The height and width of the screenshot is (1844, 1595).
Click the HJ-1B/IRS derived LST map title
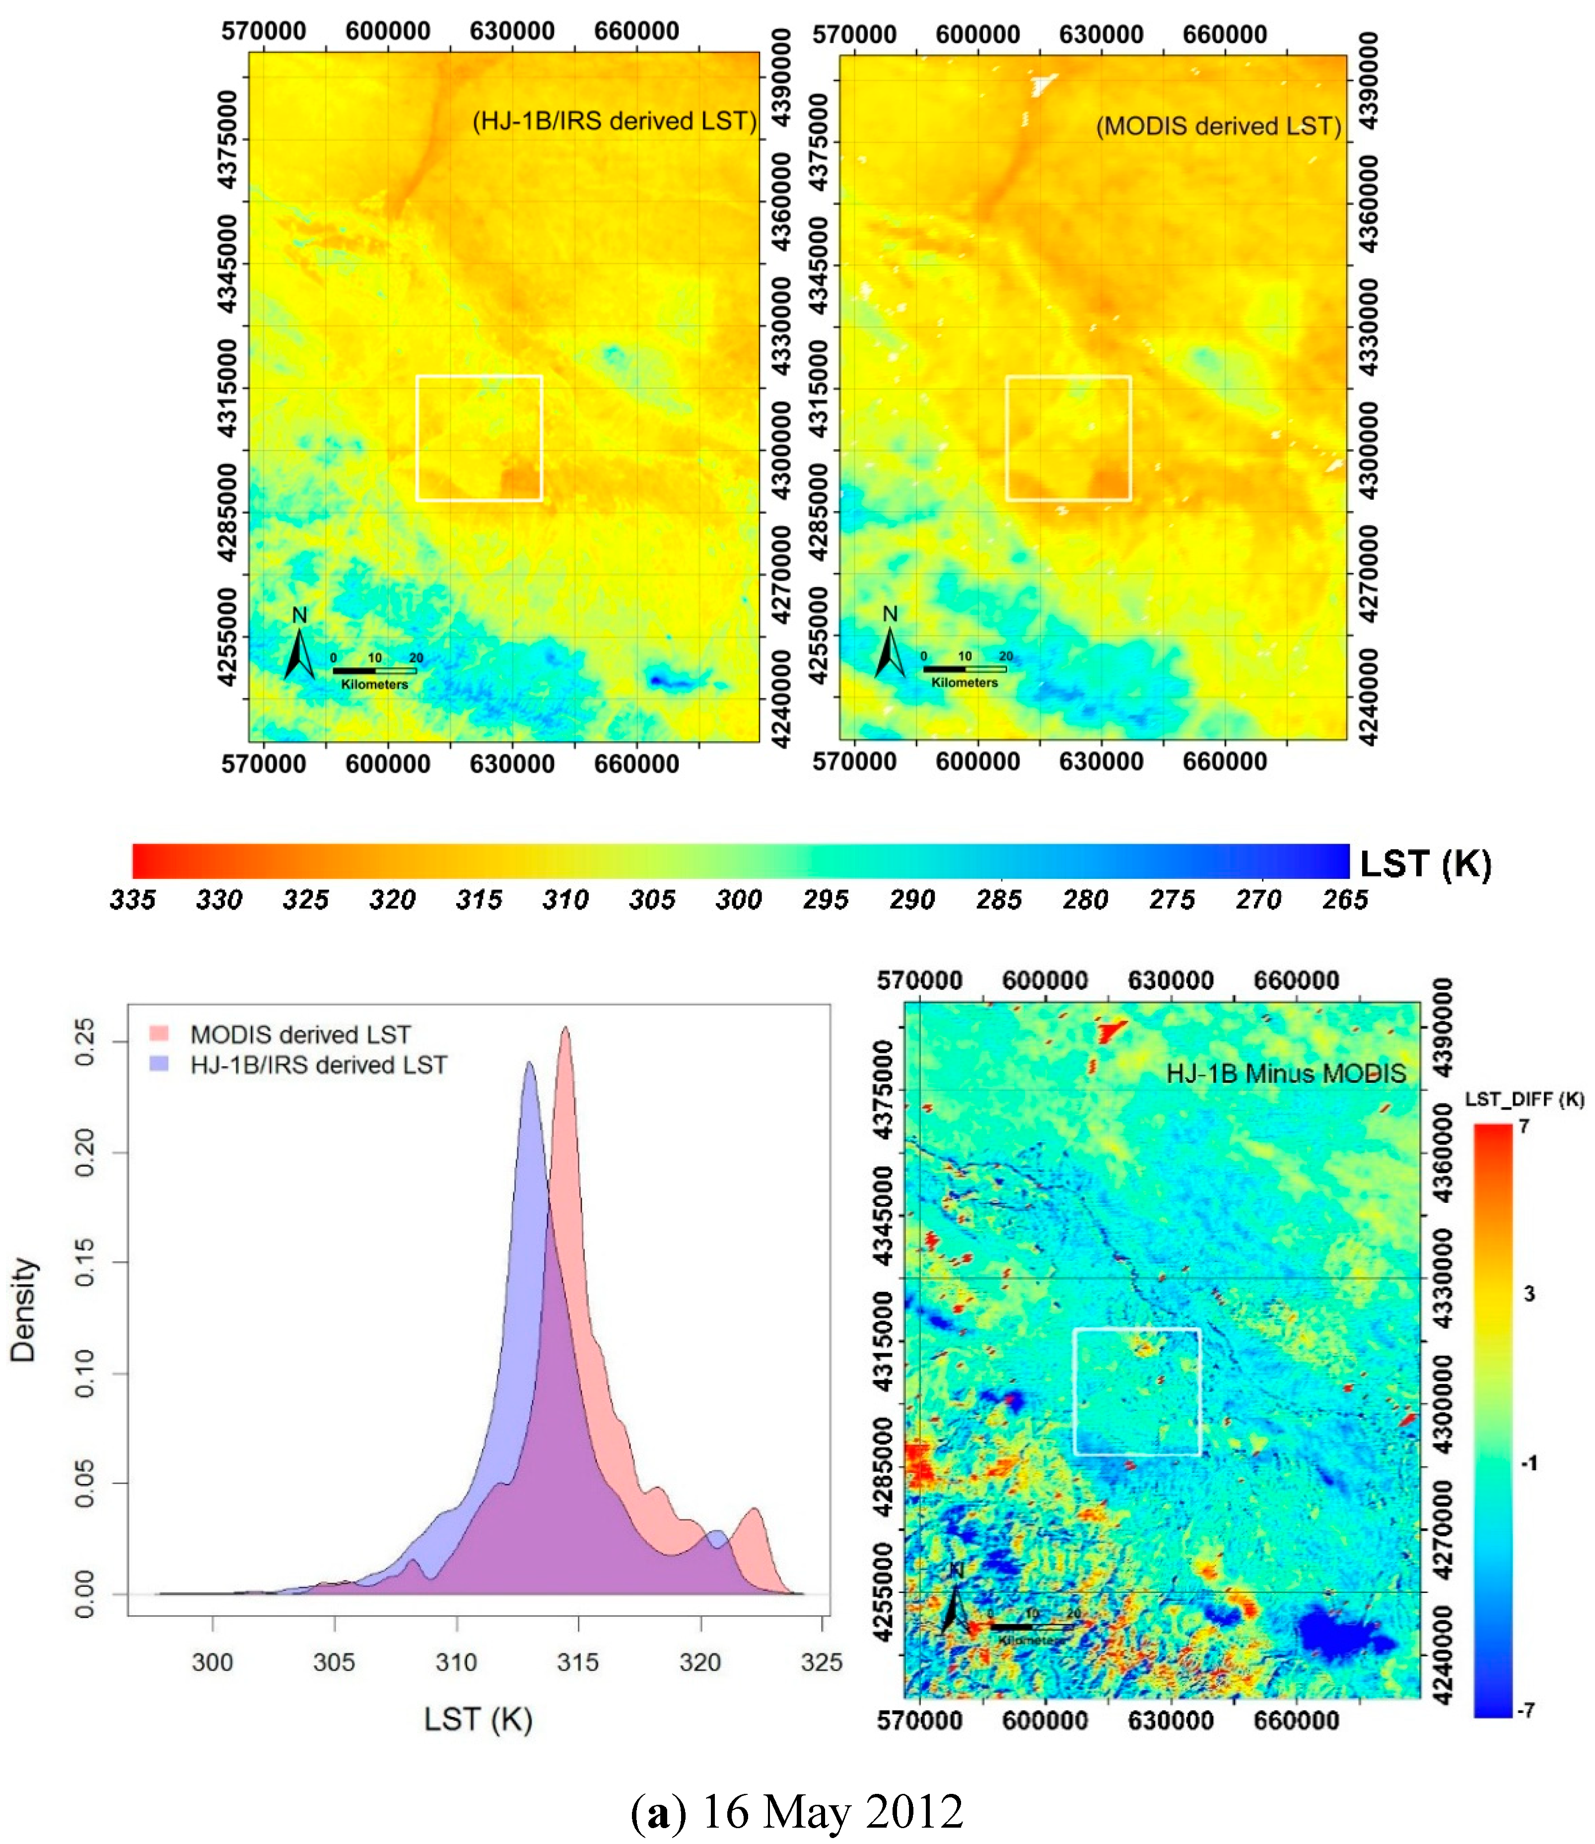(614, 121)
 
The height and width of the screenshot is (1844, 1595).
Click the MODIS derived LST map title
(1218, 127)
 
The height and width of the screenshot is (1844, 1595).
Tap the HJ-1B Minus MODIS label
(1286, 1073)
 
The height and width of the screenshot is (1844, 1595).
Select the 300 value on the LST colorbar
(739, 900)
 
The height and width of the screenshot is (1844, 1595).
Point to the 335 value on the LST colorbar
(133, 900)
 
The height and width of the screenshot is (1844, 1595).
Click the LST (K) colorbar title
(1425, 863)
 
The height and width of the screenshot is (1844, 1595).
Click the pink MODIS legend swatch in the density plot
(159, 1033)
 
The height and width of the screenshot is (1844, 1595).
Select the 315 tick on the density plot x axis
(578, 1662)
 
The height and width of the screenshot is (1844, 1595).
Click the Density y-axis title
(23, 1310)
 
